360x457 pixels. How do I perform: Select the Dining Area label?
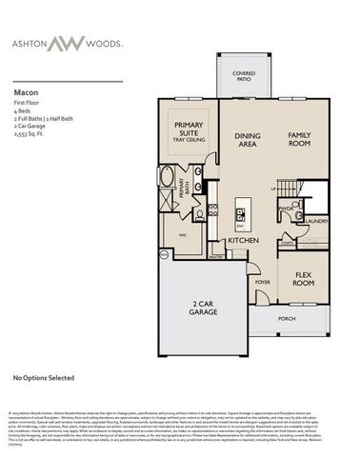click(248, 140)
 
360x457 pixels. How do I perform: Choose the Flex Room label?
click(303, 280)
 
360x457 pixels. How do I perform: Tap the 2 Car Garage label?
click(203, 307)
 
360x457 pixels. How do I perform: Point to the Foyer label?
click(263, 282)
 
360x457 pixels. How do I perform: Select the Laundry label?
click(316, 221)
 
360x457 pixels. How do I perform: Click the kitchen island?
click(241, 214)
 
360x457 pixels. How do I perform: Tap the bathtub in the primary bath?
click(168, 178)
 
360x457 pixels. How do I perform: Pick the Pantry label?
click(217, 256)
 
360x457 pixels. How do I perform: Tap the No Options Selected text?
click(43, 378)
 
